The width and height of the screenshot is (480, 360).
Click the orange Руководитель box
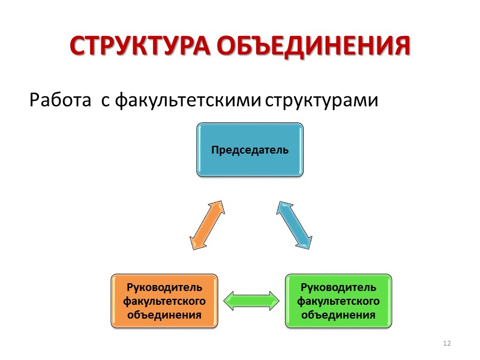(x=164, y=301)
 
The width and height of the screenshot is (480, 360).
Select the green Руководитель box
(x=338, y=301)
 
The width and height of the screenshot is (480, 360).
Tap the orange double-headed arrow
(x=207, y=224)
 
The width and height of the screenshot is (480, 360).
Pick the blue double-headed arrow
(x=295, y=224)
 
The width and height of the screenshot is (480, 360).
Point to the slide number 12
(x=446, y=343)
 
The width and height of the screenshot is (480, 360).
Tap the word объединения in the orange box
(x=164, y=313)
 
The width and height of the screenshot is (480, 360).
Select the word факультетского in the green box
(x=338, y=300)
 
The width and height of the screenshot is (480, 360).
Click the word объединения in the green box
(x=338, y=313)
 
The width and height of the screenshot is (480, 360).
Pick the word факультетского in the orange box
(x=164, y=300)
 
